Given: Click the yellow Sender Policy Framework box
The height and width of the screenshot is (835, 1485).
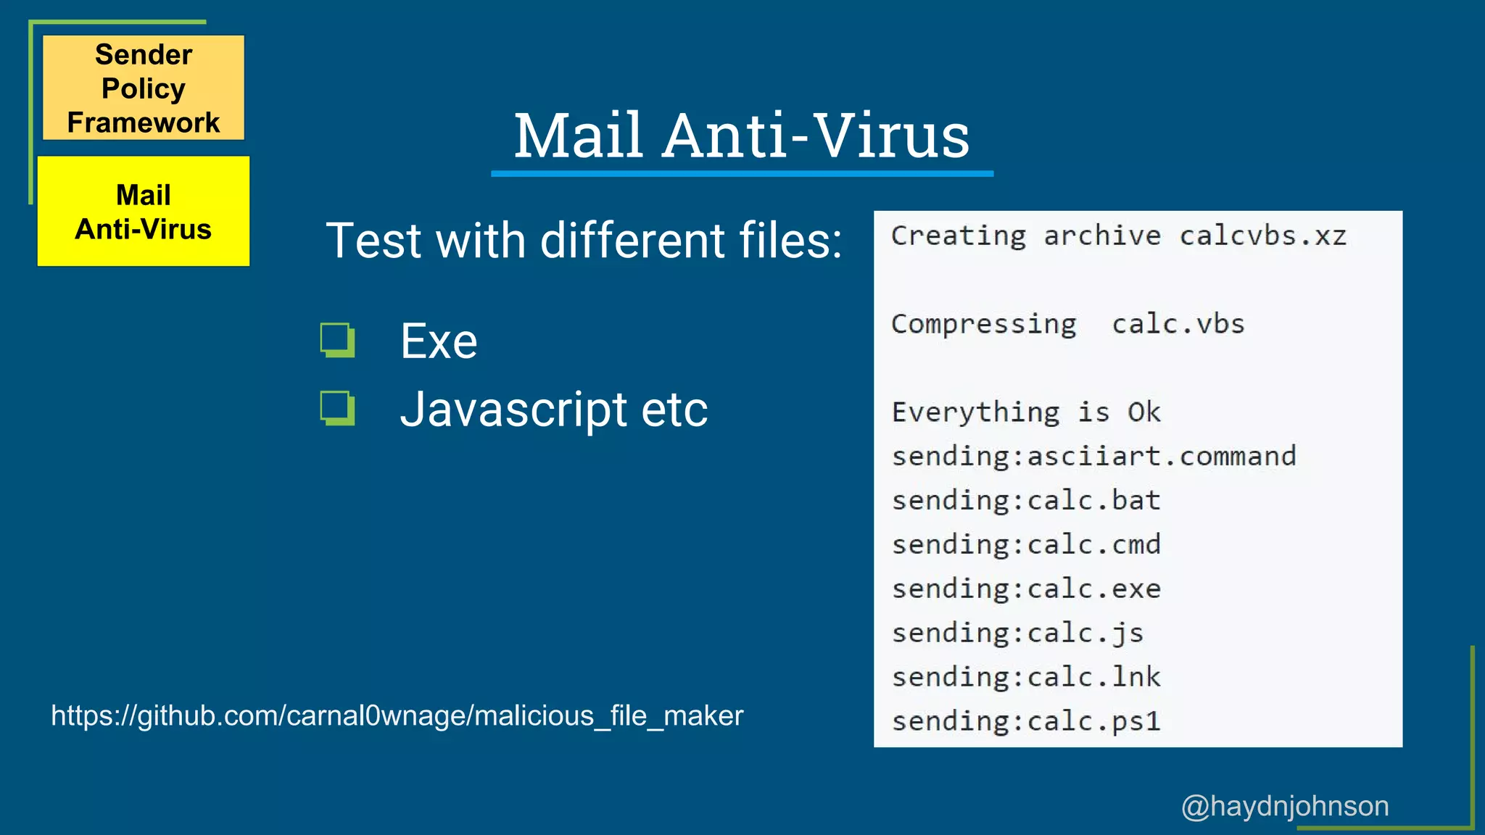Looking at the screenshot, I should [144, 88].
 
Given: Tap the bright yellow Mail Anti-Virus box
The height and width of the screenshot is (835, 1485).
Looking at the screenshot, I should [144, 212].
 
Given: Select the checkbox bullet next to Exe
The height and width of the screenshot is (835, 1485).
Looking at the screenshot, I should [337, 340].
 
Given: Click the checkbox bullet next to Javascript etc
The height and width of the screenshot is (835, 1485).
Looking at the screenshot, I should [337, 408].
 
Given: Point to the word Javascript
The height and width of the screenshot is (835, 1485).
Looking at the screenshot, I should [513, 410].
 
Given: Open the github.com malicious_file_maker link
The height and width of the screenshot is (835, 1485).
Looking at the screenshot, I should [397, 716].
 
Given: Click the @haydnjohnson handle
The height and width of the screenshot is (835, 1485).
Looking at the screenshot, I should [1285, 806].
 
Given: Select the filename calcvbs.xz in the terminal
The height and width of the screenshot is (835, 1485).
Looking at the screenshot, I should [1262, 236].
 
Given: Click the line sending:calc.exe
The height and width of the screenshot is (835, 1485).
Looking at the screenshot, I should [1026, 589].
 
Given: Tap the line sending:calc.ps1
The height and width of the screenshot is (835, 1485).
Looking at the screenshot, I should [1026, 721].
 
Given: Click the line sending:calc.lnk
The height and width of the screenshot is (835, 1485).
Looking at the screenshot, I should [1026, 677].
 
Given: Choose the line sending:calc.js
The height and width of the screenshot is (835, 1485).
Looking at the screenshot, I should [1017, 633].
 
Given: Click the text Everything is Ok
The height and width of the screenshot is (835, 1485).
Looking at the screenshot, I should [1026, 412].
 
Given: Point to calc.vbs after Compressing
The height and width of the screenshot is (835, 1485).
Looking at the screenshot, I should [1178, 324].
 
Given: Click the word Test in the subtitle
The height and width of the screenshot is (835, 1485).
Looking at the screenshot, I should [374, 241].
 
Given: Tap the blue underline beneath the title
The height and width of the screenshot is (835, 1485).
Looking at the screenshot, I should [742, 174].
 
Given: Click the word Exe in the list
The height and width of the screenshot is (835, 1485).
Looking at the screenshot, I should [439, 341].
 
